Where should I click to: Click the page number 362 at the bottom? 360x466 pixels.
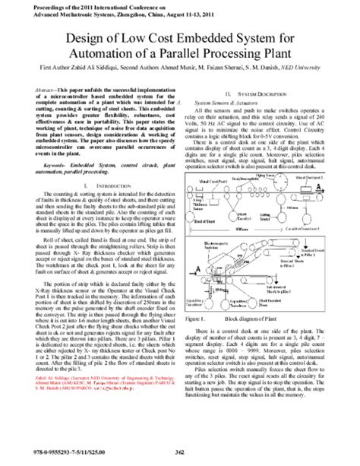180,454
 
